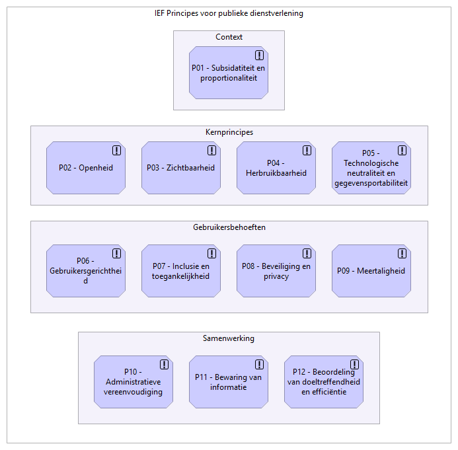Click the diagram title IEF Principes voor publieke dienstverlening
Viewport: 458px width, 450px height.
229,13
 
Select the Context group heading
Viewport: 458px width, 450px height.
229,37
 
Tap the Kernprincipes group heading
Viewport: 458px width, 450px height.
229,132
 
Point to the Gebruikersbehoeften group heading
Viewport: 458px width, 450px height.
229,227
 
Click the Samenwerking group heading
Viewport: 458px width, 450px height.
229,338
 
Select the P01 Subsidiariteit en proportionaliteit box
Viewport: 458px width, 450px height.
229,73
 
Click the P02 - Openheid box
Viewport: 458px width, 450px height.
86,168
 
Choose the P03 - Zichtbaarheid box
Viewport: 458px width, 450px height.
181,168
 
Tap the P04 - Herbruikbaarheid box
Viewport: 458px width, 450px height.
276,168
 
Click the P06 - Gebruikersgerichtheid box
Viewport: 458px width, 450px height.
86,271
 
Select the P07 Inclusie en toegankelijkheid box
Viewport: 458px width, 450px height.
181,271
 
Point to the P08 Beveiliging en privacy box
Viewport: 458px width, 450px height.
276,271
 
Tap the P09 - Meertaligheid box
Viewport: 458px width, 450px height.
371,271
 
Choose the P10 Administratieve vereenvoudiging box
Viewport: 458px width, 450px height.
134,382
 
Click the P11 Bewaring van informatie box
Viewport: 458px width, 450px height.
229,382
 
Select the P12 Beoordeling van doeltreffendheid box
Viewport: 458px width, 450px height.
324,382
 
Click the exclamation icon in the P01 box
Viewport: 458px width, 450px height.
259,55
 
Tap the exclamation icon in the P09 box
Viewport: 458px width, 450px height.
402,253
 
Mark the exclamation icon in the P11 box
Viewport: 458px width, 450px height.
259,364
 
